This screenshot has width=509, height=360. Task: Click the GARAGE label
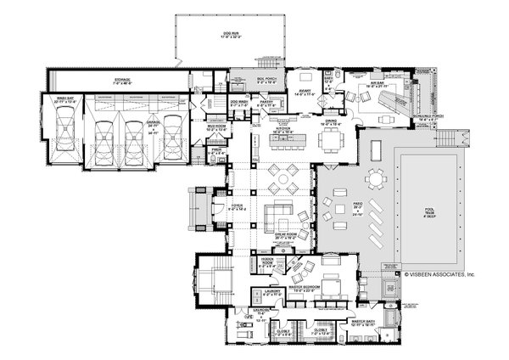153,121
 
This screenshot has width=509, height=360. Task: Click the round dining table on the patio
375,179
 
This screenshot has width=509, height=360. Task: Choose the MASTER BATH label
367,323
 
